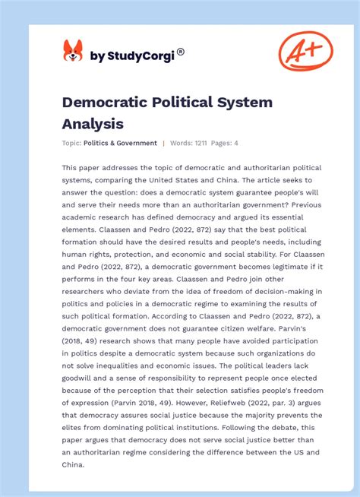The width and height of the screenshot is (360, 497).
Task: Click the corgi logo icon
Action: pos(72,52)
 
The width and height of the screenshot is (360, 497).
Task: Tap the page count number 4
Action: pos(236,143)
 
